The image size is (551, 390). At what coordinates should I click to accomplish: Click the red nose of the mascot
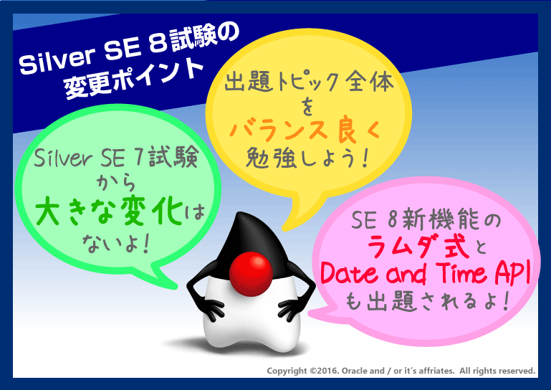pyautogui.click(x=251, y=274)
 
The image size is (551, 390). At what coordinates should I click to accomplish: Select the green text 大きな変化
pyautogui.click(x=110, y=211)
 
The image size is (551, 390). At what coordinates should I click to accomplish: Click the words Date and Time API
pyautogui.click(x=425, y=273)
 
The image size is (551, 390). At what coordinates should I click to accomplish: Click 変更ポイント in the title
pyautogui.click(x=134, y=78)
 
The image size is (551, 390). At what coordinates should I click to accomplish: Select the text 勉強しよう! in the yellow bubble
pyautogui.click(x=307, y=158)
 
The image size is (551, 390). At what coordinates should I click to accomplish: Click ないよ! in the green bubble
pyautogui.click(x=116, y=243)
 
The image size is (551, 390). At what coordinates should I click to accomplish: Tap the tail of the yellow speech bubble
pyautogui.click(x=300, y=214)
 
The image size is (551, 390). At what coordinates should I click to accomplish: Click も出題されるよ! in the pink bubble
pyautogui.click(x=427, y=301)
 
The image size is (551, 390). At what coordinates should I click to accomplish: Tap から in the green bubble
pyautogui.click(x=116, y=183)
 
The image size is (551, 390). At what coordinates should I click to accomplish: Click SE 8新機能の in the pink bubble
pyautogui.click(x=426, y=220)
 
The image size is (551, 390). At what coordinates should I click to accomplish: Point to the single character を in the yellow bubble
pyautogui.click(x=307, y=106)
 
